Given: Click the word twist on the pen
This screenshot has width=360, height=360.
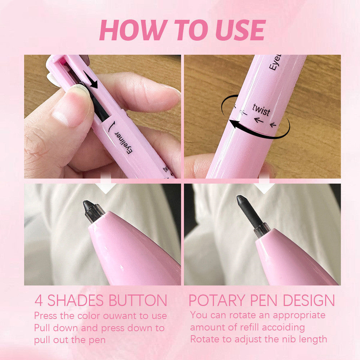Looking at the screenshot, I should (x=261, y=109).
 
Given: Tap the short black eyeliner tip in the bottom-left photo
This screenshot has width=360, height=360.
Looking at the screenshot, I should (x=88, y=206).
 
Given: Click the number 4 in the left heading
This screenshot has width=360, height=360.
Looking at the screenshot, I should (x=39, y=301).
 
